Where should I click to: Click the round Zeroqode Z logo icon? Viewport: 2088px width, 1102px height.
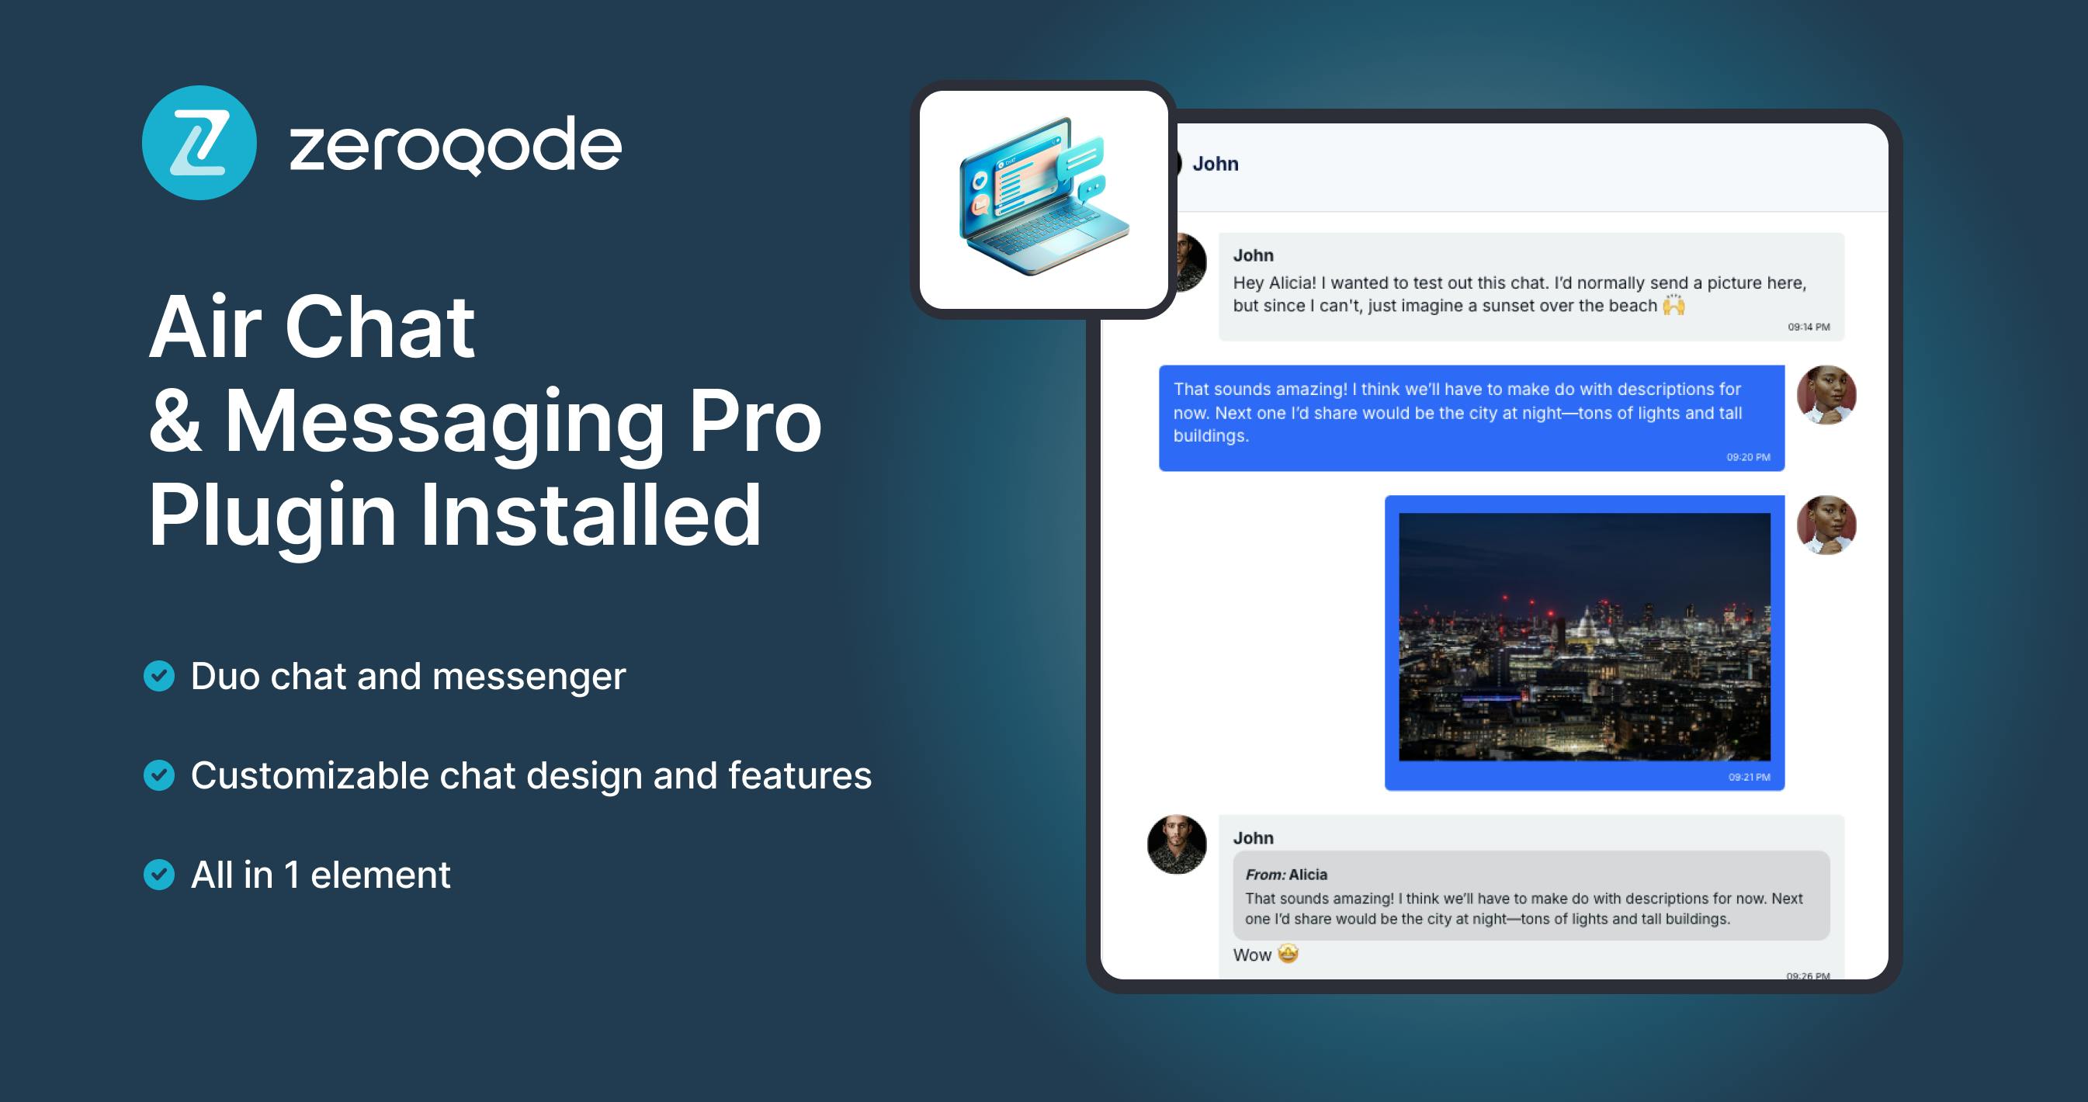coord(199,143)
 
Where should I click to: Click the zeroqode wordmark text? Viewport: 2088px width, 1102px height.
coord(456,145)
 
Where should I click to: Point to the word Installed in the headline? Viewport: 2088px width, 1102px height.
coord(590,515)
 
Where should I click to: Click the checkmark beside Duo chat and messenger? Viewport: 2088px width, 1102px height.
coord(159,676)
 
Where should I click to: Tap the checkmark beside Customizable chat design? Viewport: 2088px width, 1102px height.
coord(159,775)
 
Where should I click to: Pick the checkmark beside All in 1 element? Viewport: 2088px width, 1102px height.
coord(159,875)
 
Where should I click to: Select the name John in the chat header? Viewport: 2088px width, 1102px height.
coord(1215,164)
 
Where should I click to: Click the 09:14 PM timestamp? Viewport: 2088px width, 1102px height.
coord(1809,327)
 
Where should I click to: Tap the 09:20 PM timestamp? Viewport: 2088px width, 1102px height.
coord(1747,457)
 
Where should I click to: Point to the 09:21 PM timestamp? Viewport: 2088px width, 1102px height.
coord(1748,777)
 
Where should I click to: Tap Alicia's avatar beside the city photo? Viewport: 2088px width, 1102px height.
coord(1826,525)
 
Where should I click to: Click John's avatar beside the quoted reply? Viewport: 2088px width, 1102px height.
coord(1176,844)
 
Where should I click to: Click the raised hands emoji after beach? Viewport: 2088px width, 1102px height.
coord(1674,306)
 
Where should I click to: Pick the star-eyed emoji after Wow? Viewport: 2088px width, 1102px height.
coord(1288,954)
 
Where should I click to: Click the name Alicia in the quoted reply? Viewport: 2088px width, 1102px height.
coord(1307,875)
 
